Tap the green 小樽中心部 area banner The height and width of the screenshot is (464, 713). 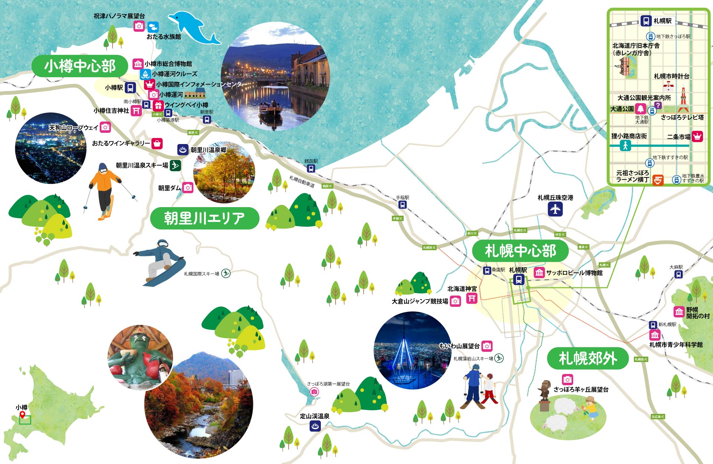[79, 66]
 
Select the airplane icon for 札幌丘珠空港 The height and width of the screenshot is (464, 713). [555, 209]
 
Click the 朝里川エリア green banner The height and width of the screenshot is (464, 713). [204, 218]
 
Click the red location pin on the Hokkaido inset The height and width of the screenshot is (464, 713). [22, 415]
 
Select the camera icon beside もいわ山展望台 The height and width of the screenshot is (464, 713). [487, 346]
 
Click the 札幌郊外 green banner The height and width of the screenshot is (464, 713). [587, 358]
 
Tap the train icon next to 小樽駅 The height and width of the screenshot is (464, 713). [130, 88]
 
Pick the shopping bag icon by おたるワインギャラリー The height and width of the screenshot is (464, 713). [157, 143]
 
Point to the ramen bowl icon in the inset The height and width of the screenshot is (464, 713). [658, 180]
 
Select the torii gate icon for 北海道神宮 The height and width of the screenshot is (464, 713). [472, 298]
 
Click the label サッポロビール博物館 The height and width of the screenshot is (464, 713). [574, 273]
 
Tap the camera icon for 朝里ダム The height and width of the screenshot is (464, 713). [188, 188]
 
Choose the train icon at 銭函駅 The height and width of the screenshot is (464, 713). [311, 169]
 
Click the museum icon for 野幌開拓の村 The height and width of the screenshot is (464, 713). [679, 312]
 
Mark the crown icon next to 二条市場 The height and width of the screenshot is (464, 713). [697, 136]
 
